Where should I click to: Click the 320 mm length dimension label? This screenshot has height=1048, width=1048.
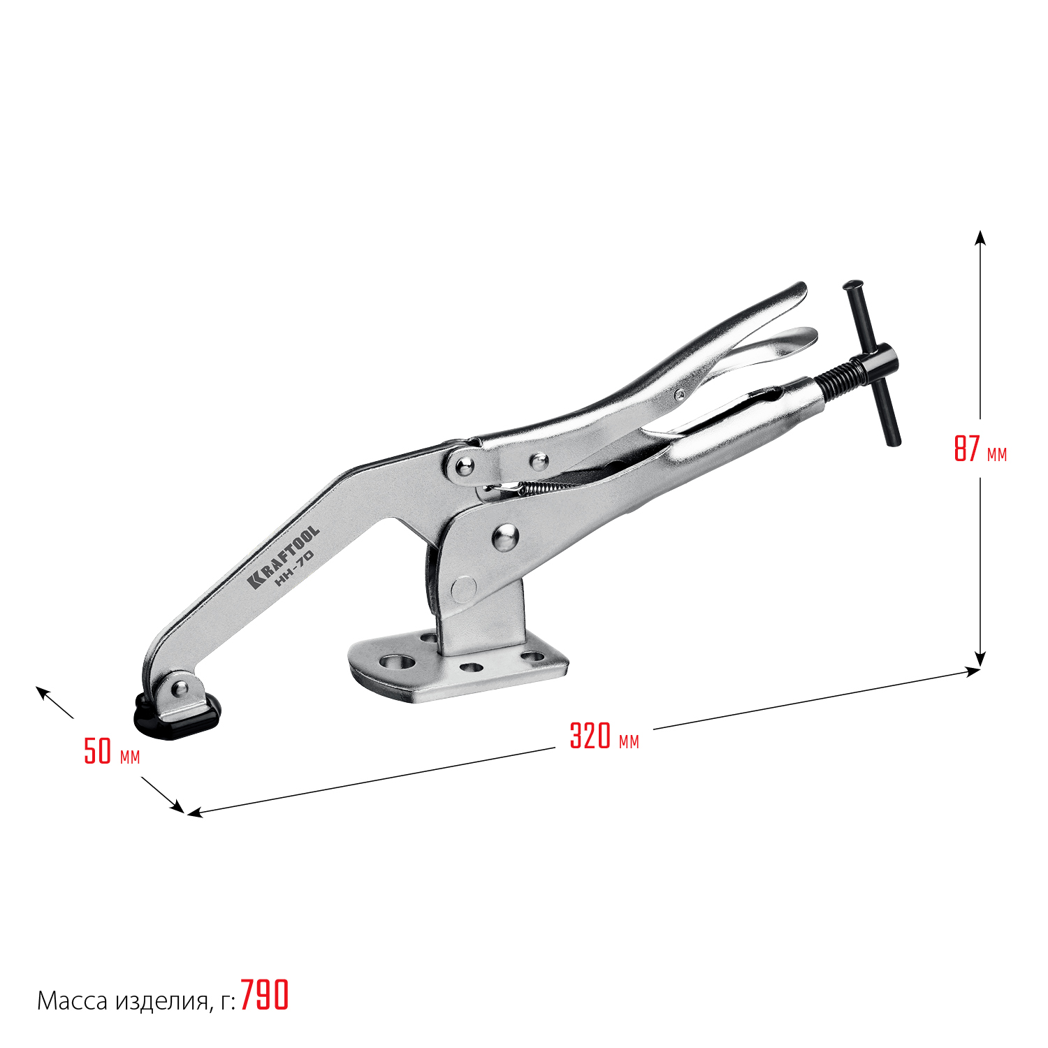tap(604, 736)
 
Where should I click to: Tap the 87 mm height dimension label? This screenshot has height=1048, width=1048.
tap(980, 449)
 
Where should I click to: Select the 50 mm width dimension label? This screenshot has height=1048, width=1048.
tap(112, 751)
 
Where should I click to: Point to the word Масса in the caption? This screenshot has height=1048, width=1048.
tap(72, 1001)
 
